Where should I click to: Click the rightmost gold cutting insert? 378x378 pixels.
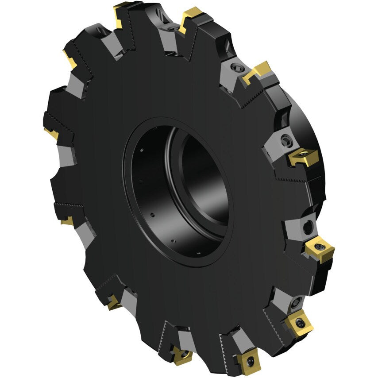click(x=319, y=248)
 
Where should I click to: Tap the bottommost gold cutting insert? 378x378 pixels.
click(x=248, y=360)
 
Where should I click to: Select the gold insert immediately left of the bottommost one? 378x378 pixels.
click(x=182, y=355)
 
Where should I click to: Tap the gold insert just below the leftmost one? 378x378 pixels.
click(x=67, y=220)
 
